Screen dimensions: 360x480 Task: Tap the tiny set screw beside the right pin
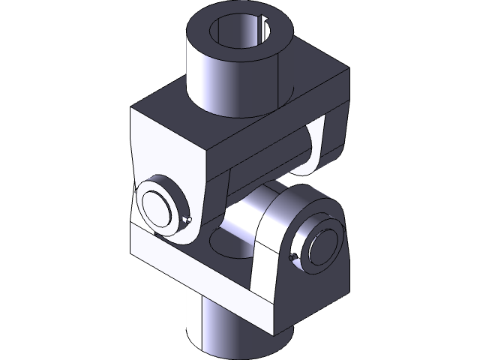click(x=293, y=259)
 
